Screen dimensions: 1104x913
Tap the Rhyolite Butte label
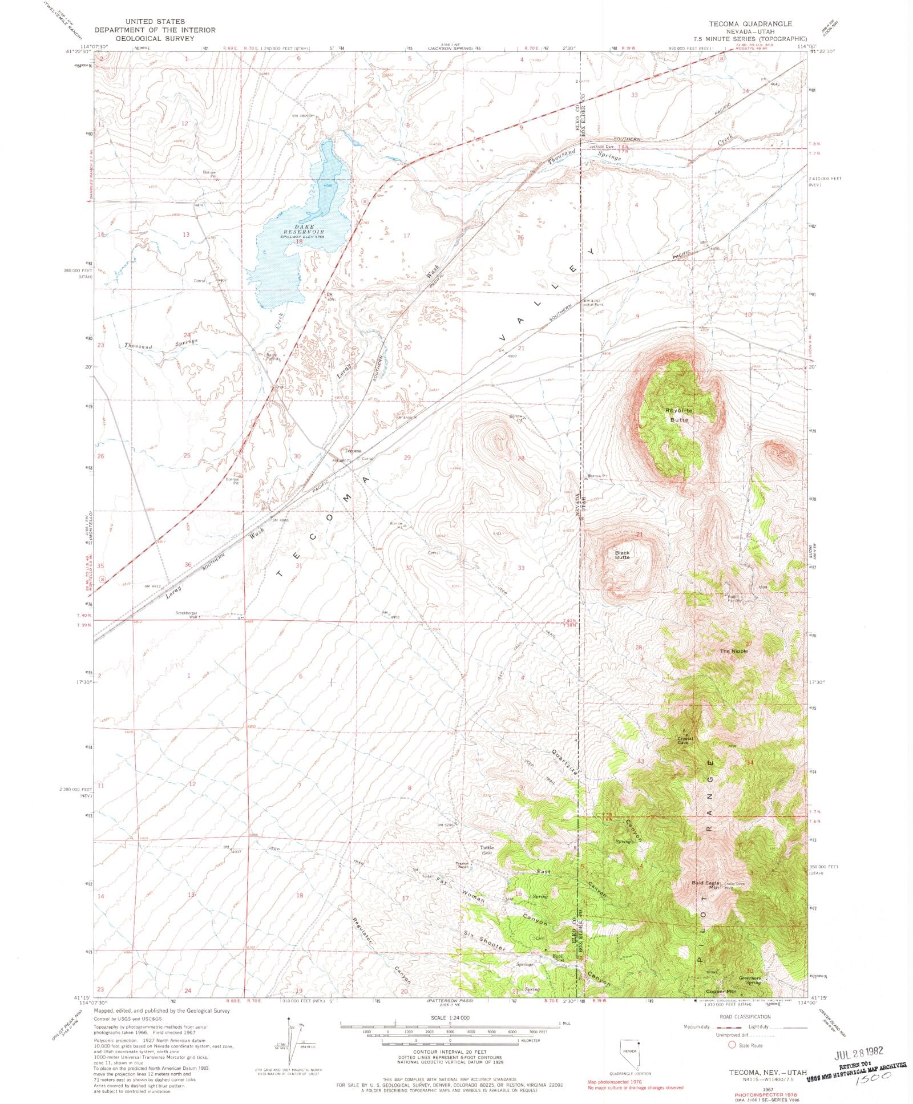679,415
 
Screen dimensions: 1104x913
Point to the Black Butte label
623,555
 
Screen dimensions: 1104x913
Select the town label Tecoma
352,450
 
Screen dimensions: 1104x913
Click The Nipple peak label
733,651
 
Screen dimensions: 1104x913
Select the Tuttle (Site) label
486,850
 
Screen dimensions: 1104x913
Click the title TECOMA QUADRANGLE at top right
749,24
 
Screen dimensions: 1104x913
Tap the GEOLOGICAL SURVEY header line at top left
155,39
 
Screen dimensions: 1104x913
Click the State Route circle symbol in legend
732,1045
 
